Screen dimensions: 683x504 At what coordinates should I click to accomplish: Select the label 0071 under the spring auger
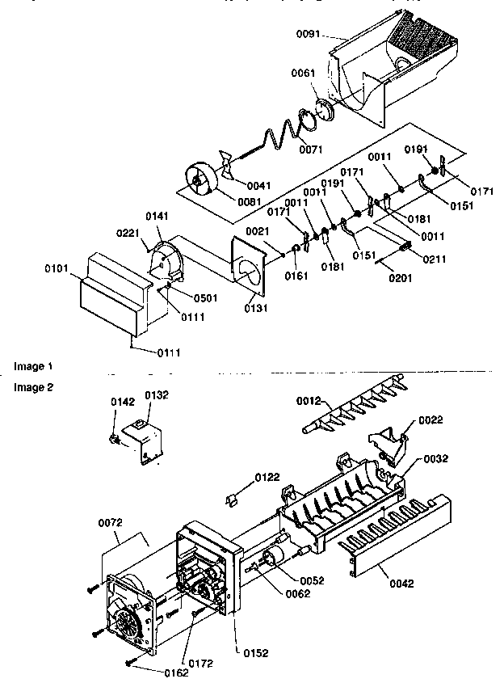310,149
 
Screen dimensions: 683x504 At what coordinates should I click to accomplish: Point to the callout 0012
308,400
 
